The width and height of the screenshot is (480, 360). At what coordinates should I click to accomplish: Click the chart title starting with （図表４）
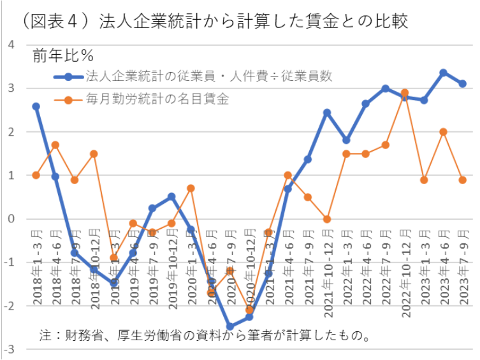coord(210,20)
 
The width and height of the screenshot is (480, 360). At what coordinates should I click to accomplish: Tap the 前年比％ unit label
coord(62,55)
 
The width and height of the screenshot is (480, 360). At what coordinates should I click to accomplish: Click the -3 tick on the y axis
coord(10,350)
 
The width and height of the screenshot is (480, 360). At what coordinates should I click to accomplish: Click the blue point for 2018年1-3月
coord(36,106)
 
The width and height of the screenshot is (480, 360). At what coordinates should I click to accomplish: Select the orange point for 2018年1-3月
coord(36,175)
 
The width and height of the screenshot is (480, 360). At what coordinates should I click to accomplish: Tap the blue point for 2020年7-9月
coord(230,327)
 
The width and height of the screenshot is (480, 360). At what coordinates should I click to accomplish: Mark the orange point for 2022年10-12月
coord(404,92)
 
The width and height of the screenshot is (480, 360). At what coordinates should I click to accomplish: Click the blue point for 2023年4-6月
coord(443,73)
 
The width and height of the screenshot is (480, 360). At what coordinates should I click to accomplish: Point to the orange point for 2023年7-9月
coord(462,180)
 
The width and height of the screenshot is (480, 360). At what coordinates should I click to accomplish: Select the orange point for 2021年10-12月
coord(327,219)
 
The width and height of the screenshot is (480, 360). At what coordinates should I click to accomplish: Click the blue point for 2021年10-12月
coord(327,113)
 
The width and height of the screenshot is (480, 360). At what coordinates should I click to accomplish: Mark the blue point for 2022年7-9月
coord(385,89)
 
